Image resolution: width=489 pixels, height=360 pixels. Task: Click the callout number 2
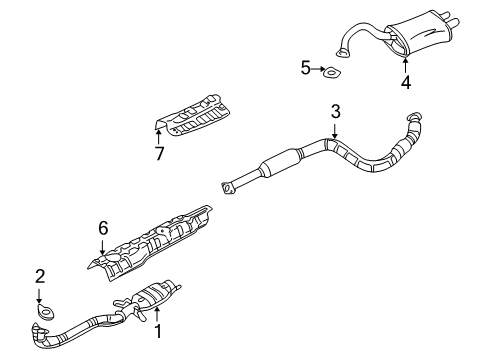coord(40,274)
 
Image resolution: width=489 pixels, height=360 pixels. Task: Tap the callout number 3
coord(336,112)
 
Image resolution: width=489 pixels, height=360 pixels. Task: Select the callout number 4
coord(405,83)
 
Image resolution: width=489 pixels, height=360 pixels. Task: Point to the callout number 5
coord(306,68)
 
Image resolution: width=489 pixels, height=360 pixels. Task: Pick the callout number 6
coord(102,229)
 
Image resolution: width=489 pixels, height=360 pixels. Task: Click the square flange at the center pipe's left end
coord(229,185)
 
